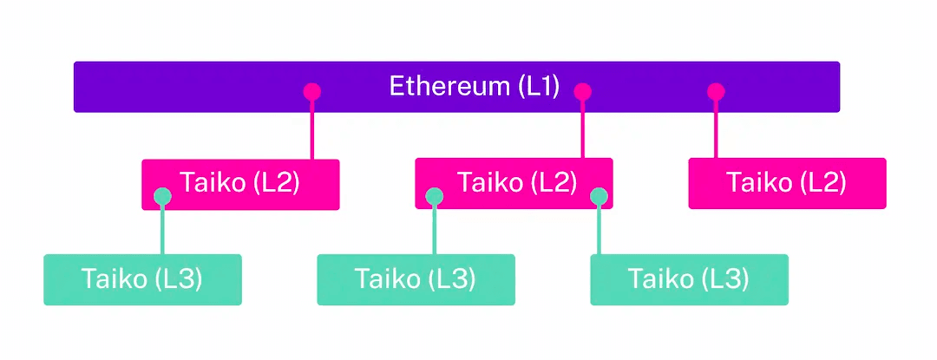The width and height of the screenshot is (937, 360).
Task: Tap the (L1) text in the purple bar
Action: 538,87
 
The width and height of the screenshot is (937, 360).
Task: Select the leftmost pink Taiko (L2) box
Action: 240,183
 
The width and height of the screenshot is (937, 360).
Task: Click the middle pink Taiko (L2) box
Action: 514,183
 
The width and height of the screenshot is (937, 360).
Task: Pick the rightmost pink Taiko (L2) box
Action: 787,183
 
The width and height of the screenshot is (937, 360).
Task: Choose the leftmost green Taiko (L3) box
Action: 142,279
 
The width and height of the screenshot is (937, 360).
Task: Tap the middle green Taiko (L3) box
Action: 416,279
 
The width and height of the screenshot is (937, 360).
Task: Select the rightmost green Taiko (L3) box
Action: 689,279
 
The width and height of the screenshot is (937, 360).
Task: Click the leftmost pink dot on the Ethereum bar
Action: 311,91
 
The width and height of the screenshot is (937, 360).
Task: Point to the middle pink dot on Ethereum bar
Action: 583,91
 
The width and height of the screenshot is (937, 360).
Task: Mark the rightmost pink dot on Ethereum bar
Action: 716,91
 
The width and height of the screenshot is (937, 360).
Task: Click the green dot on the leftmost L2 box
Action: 162,197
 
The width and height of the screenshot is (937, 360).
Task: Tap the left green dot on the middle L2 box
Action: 435,197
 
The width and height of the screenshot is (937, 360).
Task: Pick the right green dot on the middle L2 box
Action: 599,197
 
